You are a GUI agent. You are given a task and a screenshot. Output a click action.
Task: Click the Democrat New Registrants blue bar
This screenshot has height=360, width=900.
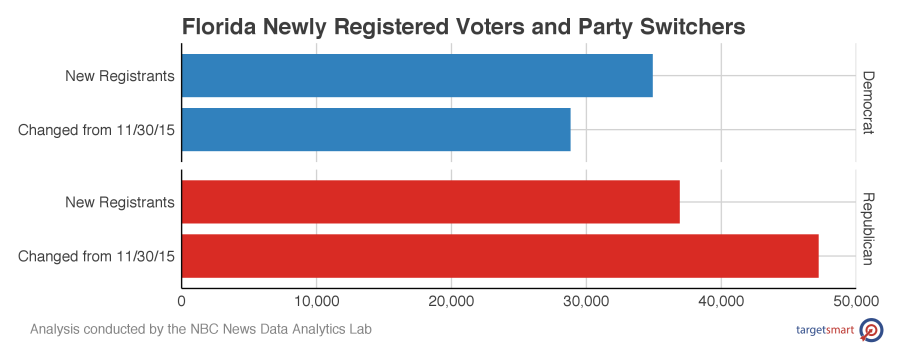point(417,76)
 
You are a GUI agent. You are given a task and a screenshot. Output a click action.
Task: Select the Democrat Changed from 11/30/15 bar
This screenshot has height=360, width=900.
point(376,130)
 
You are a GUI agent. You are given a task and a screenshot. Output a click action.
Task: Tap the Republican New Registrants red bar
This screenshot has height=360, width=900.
point(430,202)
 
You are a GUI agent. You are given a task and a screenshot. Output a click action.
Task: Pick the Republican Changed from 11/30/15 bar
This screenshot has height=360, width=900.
point(500,256)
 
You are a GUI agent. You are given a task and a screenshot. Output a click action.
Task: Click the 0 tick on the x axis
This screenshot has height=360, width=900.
point(181,300)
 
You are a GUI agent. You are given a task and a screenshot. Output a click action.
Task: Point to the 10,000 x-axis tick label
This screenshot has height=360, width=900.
point(316,300)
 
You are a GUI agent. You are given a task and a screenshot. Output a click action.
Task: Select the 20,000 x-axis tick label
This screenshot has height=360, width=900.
point(451,300)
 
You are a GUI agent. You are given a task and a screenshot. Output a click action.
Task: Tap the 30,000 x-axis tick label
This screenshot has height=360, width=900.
point(586,300)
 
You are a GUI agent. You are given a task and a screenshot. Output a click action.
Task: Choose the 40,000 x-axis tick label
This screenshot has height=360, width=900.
point(721,300)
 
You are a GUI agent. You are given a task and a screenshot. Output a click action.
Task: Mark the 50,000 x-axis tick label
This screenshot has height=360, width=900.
point(855,300)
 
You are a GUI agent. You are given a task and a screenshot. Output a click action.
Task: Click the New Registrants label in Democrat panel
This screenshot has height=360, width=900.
point(120,76)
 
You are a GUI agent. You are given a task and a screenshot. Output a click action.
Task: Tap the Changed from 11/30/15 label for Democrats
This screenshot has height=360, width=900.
point(97,130)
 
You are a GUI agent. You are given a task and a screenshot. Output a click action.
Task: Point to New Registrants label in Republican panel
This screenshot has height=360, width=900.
point(120,202)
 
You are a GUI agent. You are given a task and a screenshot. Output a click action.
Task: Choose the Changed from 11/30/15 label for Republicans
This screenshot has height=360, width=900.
point(97,256)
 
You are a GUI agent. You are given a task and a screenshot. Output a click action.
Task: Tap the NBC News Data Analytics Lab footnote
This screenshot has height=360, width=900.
point(201,329)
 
